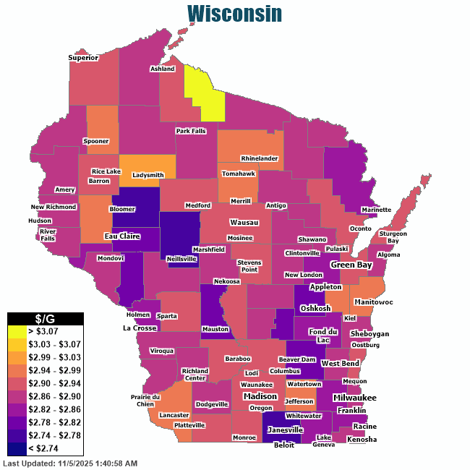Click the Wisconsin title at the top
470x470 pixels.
click(x=234, y=14)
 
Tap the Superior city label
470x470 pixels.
click(x=83, y=58)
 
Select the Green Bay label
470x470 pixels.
click(x=351, y=265)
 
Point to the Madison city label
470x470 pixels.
click(x=260, y=396)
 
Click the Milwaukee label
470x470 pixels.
click(x=354, y=398)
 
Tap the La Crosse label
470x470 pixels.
click(x=140, y=328)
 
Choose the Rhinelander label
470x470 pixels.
click(x=260, y=158)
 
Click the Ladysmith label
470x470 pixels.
click(x=148, y=175)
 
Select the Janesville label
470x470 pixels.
click(x=285, y=430)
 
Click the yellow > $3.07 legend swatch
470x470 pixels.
click(x=20, y=330)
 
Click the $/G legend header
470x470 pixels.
click(x=45, y=318)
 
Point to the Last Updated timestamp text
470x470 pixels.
click(x=71, y=463)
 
